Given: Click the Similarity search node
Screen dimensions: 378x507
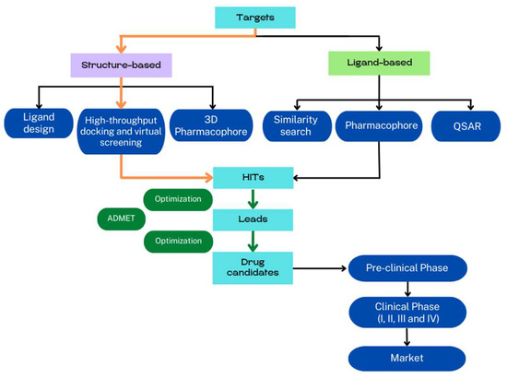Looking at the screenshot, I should pyautogui.click(x=295, y=124).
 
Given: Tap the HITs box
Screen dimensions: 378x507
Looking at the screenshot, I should pyautogui.click(x=253, y=175).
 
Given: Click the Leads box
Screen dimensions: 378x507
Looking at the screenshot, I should pyautogui.click(x=253, y=219).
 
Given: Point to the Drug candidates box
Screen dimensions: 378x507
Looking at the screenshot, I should pyautogui.click(x=253, y=268).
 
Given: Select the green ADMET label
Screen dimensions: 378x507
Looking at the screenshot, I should pyautogui.click(x=118, y=220).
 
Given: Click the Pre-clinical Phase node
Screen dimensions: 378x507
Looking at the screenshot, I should pyautogui.click(x=405, y=269).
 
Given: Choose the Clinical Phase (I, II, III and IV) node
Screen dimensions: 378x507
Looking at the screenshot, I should pyautogui.click(x=405, y=310).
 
